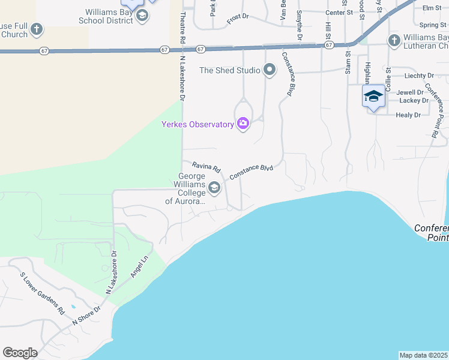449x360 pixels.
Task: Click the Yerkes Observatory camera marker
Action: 243,124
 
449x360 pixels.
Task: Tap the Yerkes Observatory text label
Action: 197,125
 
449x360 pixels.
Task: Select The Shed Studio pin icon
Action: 270,71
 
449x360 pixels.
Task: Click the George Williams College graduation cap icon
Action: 214,188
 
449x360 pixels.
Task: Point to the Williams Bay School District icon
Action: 142,16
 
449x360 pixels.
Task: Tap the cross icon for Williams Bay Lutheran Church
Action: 394,41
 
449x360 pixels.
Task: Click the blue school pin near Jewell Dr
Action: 373,97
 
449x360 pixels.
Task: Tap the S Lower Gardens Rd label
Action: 42,294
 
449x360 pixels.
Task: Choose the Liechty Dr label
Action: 419,76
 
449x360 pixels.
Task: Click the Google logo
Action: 20,353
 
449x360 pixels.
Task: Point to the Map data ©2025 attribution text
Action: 424,355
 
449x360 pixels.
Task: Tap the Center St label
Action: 337,13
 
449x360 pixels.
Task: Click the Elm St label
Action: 431,8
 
